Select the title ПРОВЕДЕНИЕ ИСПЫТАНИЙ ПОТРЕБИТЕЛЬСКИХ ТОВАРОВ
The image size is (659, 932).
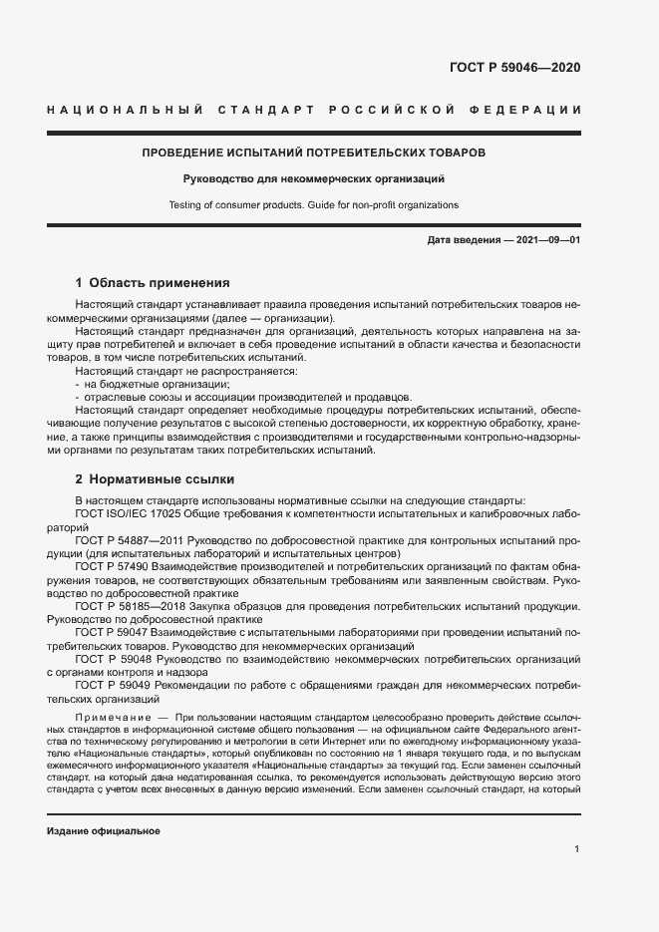pos(313,155)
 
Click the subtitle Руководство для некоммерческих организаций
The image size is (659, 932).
pos(313,179)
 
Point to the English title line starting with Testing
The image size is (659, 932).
pos(313,204)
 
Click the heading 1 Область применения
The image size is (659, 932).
pos(153,283)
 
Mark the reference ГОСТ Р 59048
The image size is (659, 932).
pos(109,659)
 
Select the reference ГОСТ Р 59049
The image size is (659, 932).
pos(109,685)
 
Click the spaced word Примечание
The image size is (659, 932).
pos(111,718)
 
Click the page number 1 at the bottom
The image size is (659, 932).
pos(577,849)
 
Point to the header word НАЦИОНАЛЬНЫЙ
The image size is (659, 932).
pos(126,109)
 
